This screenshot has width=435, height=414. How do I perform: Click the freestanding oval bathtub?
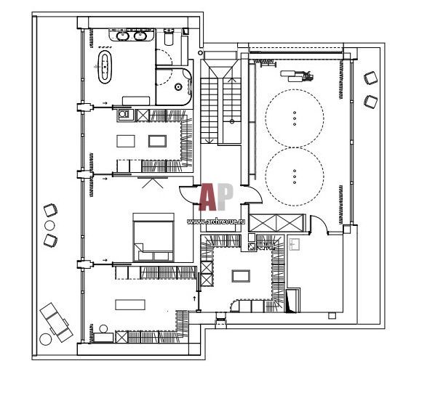105,67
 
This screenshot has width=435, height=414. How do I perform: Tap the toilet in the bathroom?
168,37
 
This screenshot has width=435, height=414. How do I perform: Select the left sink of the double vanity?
121,36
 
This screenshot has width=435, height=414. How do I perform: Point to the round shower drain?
177,87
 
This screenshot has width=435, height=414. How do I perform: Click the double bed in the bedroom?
153,237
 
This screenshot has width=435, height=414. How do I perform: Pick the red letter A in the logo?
208,197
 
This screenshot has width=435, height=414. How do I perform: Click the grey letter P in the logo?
225,197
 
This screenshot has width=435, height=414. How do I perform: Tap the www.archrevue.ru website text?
216,222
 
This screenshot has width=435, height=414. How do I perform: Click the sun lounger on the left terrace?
56,322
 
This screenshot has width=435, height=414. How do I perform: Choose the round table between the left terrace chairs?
49,226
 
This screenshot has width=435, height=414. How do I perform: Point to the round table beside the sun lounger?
46,339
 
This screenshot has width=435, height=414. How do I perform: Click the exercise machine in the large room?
297,76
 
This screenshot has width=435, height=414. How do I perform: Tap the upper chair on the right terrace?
371,78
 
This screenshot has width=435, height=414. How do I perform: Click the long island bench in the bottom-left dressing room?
130,304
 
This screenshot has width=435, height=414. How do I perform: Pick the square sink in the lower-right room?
294,245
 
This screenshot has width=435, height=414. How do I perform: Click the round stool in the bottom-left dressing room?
103,329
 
